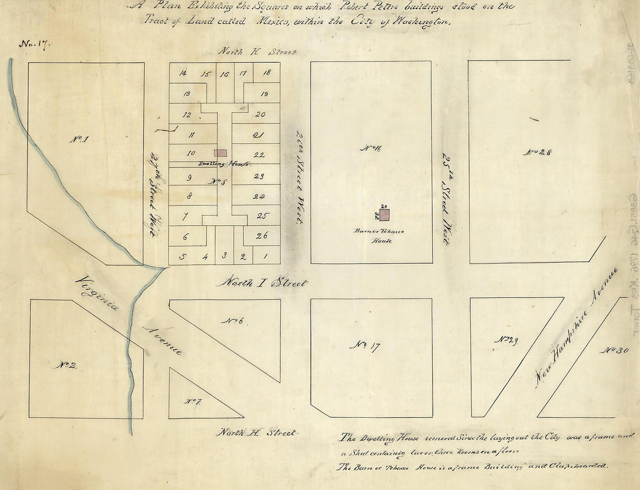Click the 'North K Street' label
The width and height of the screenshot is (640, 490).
click(x=258, y=52)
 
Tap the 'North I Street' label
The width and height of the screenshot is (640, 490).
click(x=261, y=283)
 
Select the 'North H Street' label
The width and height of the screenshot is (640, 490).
click(x=257, y=433)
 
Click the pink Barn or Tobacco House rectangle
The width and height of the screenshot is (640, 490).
click(x=385, y=215)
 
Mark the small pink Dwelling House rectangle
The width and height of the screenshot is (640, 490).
click(x=220, y=152)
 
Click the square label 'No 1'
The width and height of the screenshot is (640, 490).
click(x=79, y=139)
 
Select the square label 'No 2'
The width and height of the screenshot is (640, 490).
click(x=67, y=365)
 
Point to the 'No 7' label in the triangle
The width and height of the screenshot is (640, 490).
click(x=193, y=401)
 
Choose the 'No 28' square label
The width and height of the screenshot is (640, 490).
click(x=538, y=152)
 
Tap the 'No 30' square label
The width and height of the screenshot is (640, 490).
click(x=613, y=350)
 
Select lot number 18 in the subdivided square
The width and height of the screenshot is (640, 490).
click(x=266, y=73)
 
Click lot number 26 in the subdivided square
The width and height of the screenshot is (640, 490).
click(x=261, y=235)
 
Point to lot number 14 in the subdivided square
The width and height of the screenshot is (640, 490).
click(x=183, y=73)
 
